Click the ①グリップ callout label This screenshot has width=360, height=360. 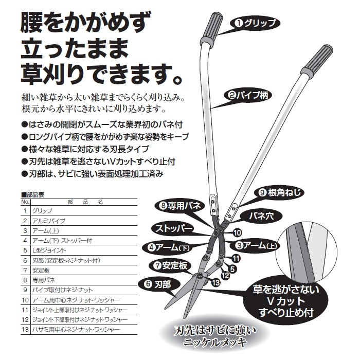pos(255,24)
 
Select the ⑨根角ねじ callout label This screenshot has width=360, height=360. pos(279,192)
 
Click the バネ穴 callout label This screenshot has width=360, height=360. pos(261,216)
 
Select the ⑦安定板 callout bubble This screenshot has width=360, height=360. pos(171,266)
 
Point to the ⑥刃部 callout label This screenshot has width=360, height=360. pos(158,285)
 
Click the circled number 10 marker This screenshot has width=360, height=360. pos(238,233)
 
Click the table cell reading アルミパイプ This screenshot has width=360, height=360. pos(49,221)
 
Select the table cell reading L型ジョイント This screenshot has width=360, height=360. pos(49,250)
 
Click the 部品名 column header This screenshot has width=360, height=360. pos(85,202)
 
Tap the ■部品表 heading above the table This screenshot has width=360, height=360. pos(32,195)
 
